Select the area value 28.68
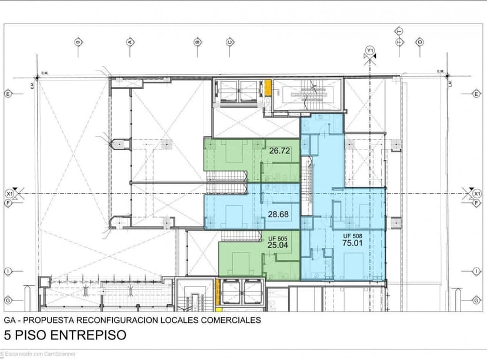point(278,214)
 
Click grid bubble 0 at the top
point(77,42)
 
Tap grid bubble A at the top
point(129,42)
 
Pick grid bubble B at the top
point(198,42)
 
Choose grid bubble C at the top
point(230,42)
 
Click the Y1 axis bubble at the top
point(370,50)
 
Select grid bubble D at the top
point(420,42)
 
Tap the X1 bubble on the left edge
point(9,193)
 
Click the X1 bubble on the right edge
point(477,193)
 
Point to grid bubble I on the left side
point(8,271)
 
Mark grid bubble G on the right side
point(477,299)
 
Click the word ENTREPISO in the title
point(87,336)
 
